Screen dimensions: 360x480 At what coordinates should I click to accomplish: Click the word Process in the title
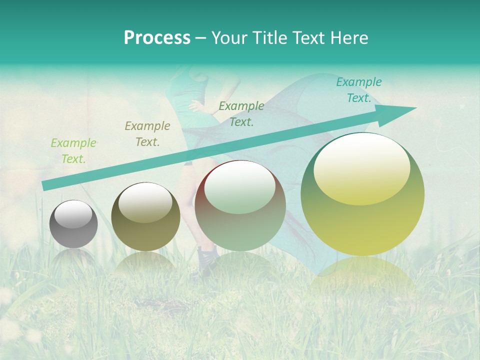(157, 38)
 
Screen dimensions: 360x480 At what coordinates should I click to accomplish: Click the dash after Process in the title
(201, 38)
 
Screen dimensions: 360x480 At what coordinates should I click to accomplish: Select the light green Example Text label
(73, 151)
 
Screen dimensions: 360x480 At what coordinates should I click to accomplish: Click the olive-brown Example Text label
(147, 134)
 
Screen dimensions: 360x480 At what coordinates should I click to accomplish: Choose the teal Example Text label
(358, 90)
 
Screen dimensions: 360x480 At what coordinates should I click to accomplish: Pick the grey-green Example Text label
(241, 113)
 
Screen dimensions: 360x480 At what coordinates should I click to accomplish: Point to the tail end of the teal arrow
(46, 185)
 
